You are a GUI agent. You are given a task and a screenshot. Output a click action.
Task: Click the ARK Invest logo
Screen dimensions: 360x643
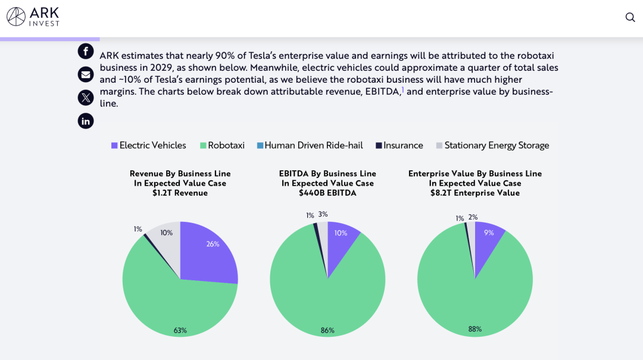tap(33, 17)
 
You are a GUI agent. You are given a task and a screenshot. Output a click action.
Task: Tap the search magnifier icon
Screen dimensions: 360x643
tap(630, 17)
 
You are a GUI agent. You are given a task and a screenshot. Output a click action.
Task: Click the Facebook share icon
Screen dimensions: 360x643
tap(86, 51)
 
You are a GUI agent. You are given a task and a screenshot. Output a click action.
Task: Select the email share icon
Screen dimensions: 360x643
tap(86, 74)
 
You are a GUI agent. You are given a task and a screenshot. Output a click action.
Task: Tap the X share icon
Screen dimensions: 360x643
tap(86, 98)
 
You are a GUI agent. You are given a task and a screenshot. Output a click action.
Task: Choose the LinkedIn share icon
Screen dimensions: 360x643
tap(86, 121)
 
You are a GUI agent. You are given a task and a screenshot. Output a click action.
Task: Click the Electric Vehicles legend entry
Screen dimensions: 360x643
tap(149, 145)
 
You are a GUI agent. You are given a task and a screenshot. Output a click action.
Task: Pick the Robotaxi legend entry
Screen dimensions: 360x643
tap(222, 145)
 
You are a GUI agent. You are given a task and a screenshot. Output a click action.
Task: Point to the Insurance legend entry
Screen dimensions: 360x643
tap(399, 145)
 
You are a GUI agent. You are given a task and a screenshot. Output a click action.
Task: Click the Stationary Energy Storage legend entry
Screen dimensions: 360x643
tap(492, 145)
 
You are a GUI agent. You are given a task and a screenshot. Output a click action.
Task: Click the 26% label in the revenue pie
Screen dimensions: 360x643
tap(213, 244)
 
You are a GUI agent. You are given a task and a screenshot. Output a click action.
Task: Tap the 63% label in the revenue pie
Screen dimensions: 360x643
tap(180, 330)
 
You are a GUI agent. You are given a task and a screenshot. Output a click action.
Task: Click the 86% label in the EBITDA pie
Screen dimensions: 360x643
tap(327, 330)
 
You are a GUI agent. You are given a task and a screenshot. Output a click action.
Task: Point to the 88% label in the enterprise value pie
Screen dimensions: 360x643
tap(475, 329)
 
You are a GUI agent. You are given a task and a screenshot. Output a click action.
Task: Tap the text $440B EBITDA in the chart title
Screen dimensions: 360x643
tap(327, 193)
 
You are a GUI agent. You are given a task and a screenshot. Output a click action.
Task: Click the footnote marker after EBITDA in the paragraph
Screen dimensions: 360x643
tap(402, 90)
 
